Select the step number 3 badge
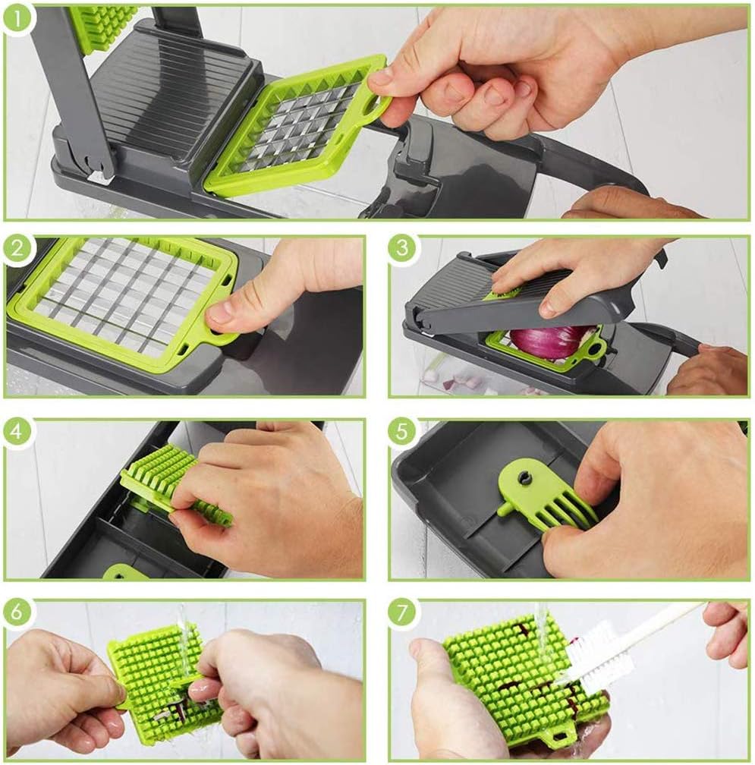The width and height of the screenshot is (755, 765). tap(402, 250)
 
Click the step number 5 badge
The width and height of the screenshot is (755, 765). tap(402, 432)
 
